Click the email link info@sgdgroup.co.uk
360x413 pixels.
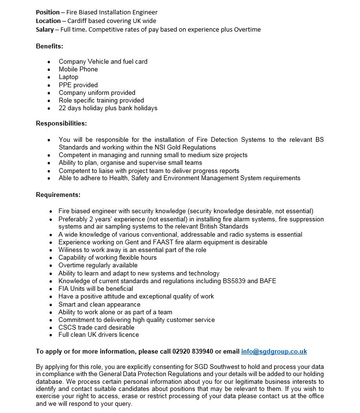click(x=274, y=351)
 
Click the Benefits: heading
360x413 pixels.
click(x=50, y=46)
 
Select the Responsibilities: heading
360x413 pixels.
click(x=61, y=123)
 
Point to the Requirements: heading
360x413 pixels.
click(x=58, y=195)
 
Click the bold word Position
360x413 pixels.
click(x=48, y=12)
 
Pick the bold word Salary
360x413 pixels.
click(x=45, y=29)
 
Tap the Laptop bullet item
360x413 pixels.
click(x=68, y=77)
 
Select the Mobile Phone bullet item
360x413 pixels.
click(x=78, y=69)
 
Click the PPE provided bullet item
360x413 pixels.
click(x=78, y=85)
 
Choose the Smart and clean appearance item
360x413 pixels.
click(x=99, y=304)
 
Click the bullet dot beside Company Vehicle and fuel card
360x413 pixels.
click(x=49, y=62)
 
